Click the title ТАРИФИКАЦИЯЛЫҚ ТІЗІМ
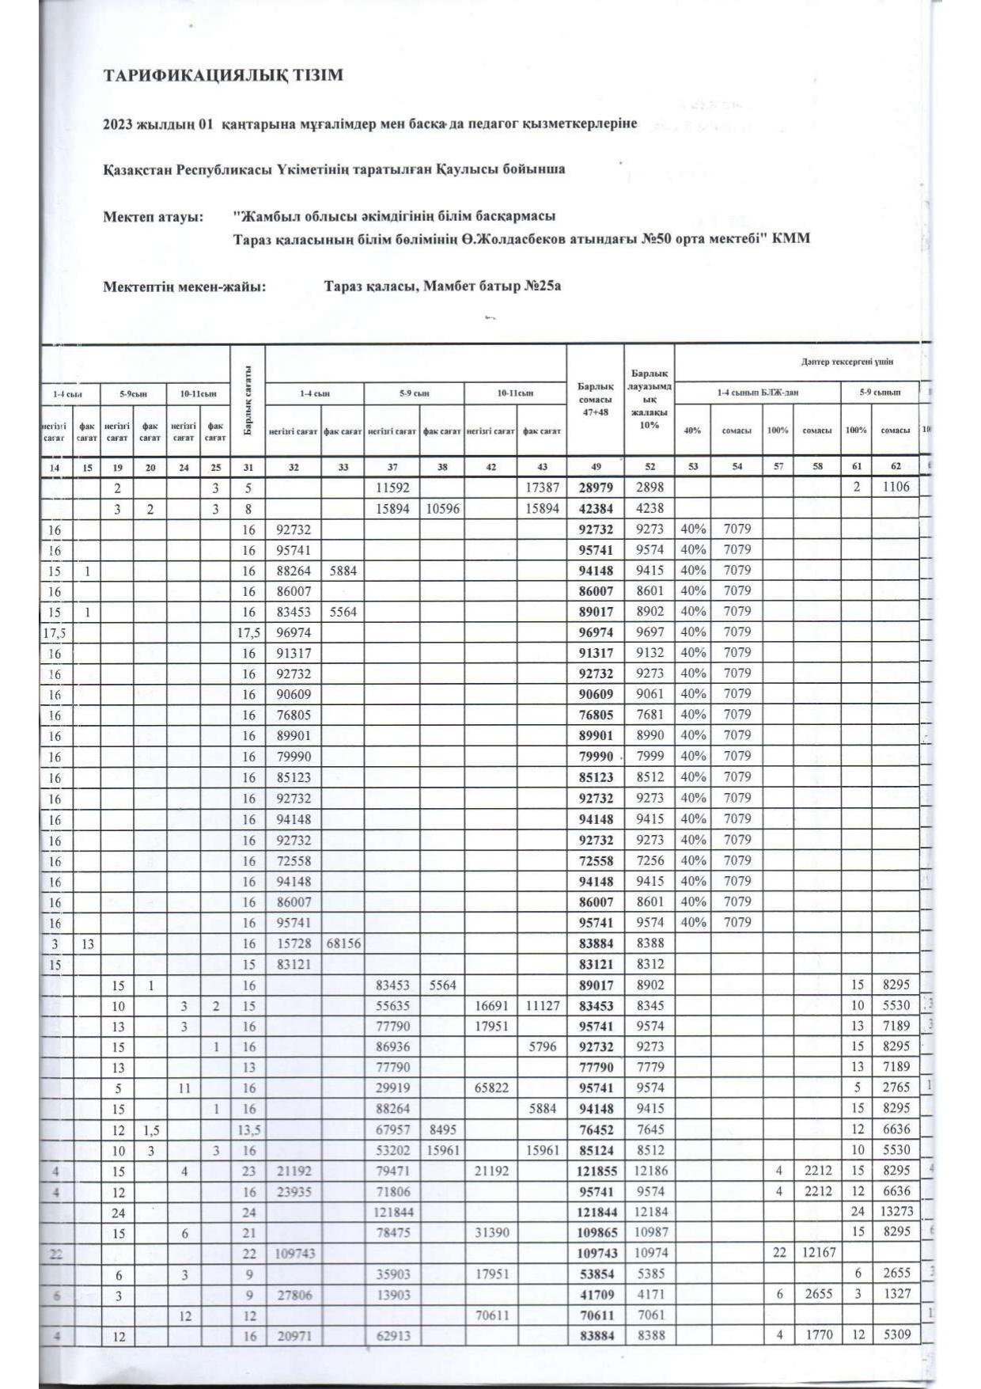point(224,76)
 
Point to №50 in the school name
point(656,238)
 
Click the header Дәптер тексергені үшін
point(847,362)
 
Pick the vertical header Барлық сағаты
point(248,400)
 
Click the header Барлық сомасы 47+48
point(595,400)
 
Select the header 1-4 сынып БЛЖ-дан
point(757,393)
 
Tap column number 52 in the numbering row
point(649,467)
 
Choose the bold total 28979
point(596,488)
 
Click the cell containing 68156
point(343,943)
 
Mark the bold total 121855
point(595,1171)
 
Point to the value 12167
point(815,1253)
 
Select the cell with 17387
point(542,488)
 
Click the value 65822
point(491,1088)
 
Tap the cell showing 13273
point(896,1212)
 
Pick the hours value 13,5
point(248,1129)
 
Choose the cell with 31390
point(491,1232)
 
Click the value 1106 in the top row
point(896,488)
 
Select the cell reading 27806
point(294,1295)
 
